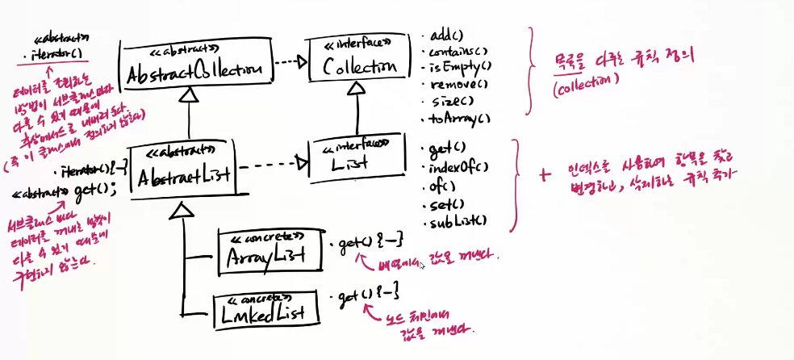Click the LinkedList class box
point(263,305)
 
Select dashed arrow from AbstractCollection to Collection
point(288,61)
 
